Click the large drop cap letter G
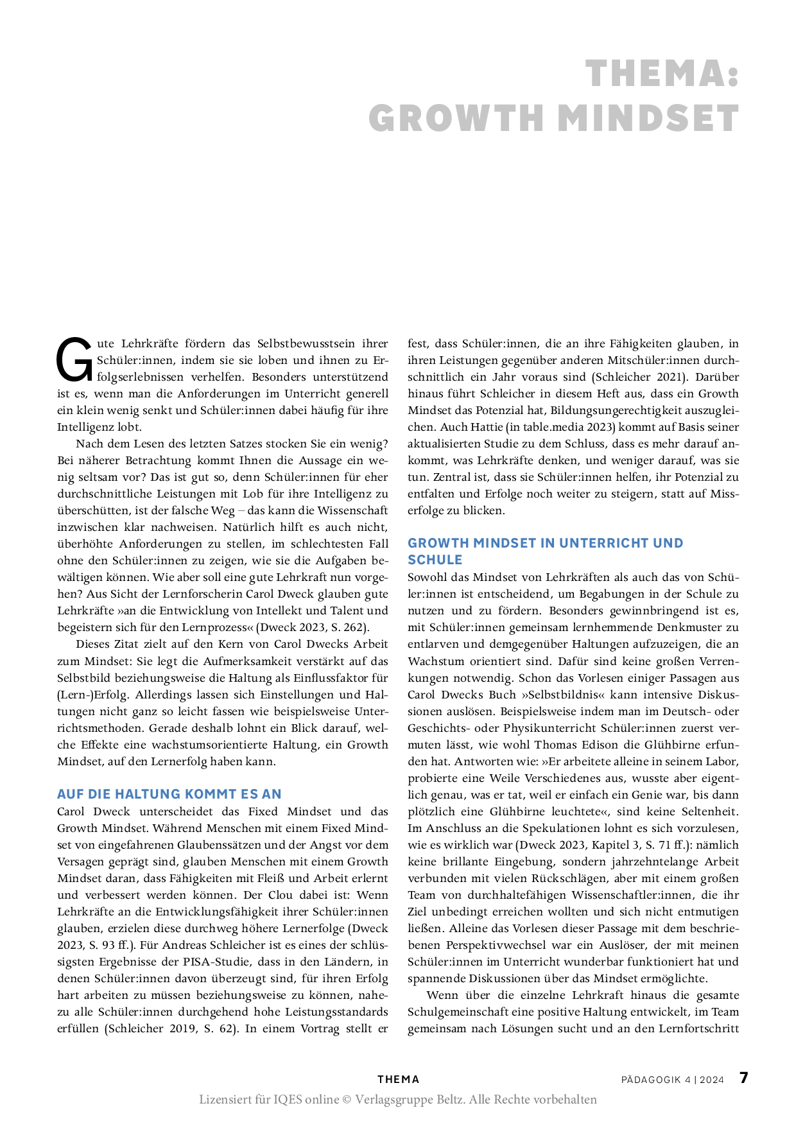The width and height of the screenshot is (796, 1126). click(74, 360)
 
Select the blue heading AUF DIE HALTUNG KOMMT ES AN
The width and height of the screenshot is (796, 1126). click(169, 794)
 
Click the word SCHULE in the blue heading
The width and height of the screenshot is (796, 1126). click(435, 560)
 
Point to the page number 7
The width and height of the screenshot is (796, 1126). click(743, 1078)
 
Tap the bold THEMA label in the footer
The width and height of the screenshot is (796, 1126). click(398, 1080)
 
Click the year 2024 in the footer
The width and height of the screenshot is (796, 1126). click(712, 1080)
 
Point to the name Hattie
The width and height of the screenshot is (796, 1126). click(487, 427)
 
